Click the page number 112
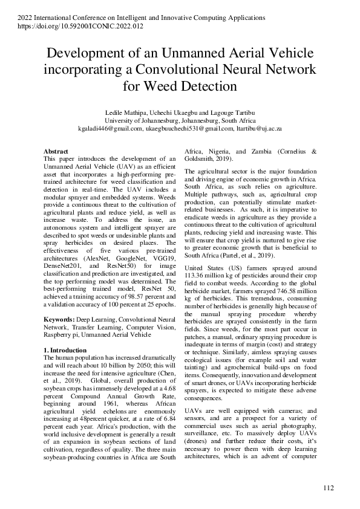pos(329,488)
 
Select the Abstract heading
pos(56,151)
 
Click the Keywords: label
pos(60,318)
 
